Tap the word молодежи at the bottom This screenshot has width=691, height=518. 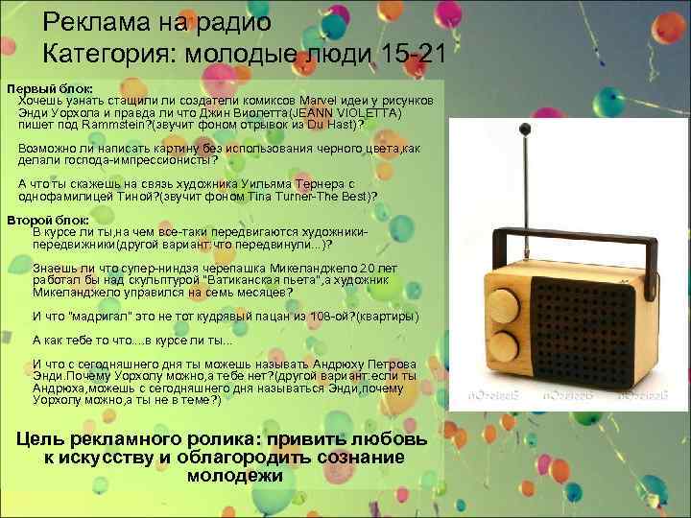pos(235,474)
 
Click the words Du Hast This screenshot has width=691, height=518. pos(330,124)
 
